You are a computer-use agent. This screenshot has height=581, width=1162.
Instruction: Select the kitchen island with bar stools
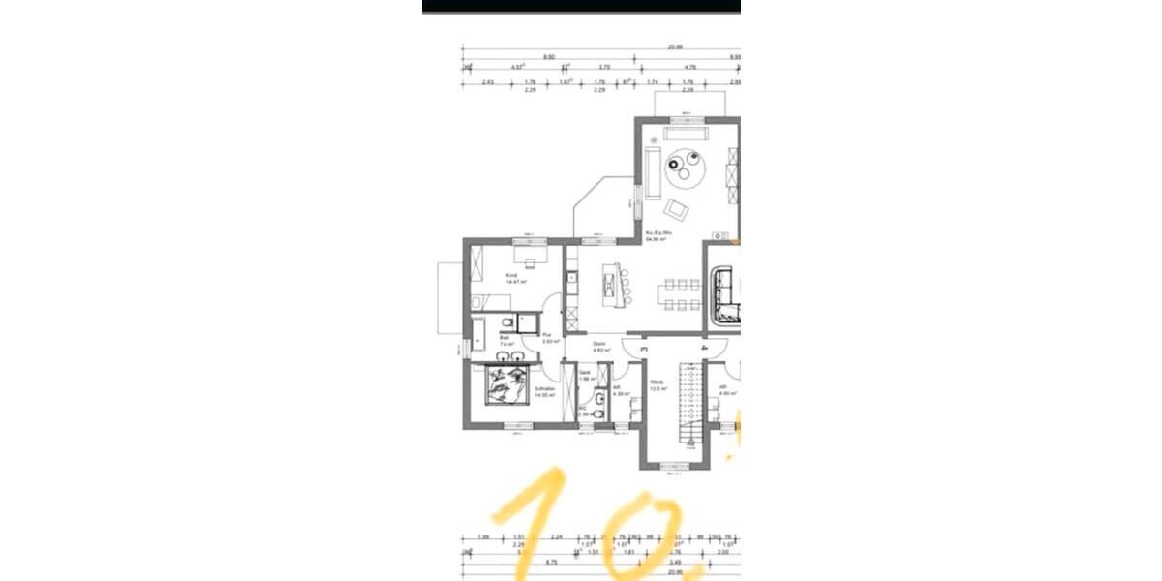pyautogui.click(x=611, y=283)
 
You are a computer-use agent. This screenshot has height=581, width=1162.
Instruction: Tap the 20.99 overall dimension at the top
pyautogui.click(x=674, y=46)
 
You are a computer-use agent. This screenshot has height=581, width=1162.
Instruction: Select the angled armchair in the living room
pyautogui.click(x=676, y=208)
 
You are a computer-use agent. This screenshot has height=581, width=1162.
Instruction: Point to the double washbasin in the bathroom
pyautogui.click(x=509, y=357)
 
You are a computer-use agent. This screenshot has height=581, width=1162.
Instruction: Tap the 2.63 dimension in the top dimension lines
pyautogui.click(x=487, y=83)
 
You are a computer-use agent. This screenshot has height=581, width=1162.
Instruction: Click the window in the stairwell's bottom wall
pyautogui.click(x=675, y=466)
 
